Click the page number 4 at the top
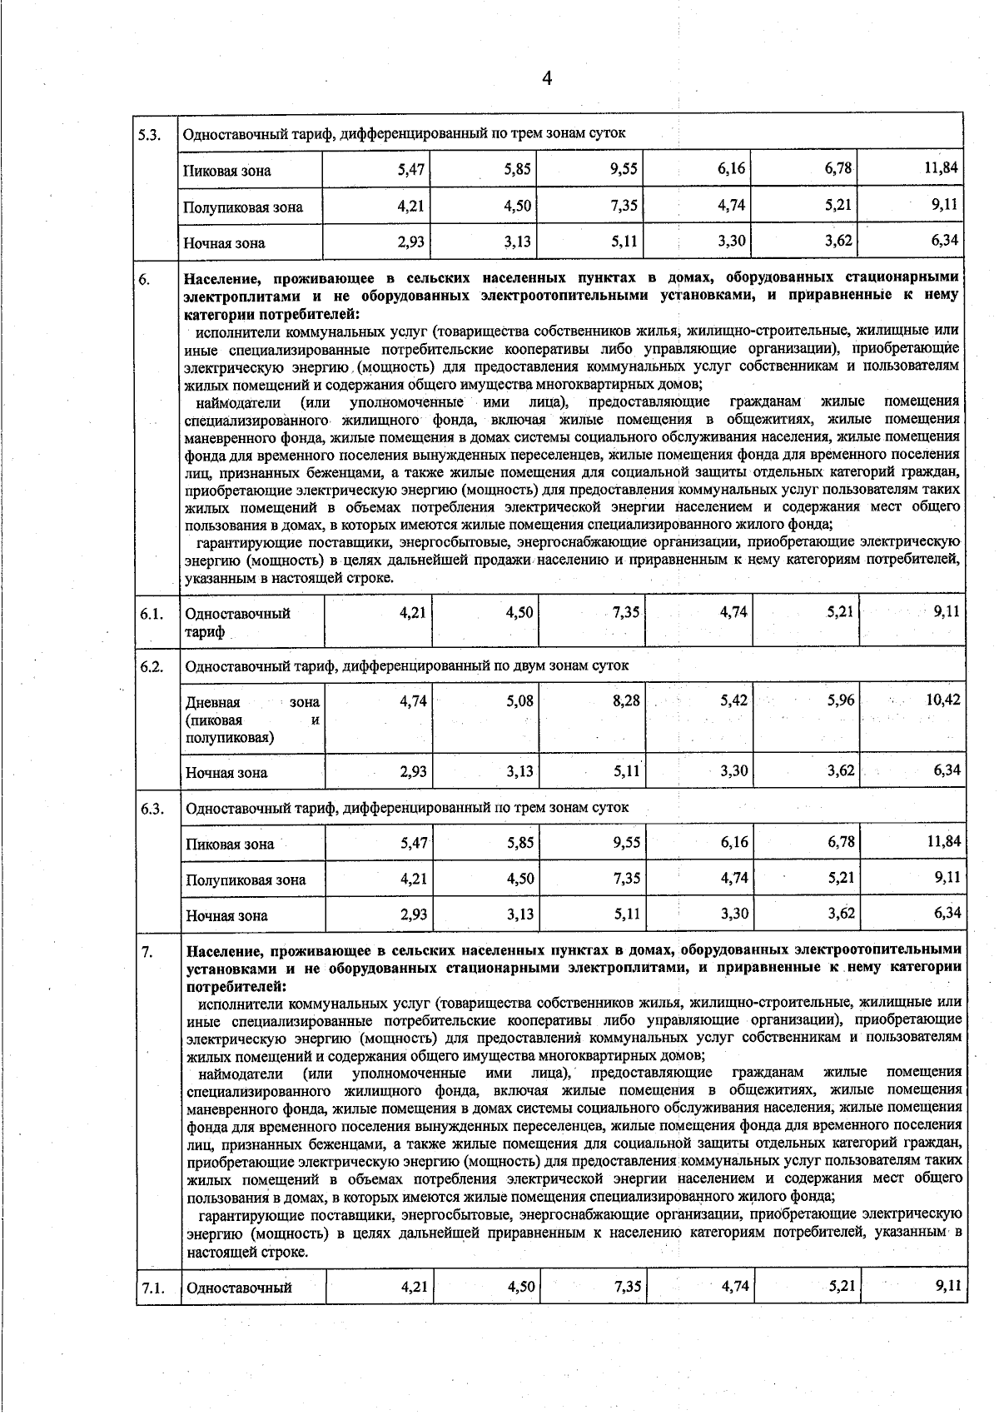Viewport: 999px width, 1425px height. point(547,78)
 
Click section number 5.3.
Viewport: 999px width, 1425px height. point(150,134)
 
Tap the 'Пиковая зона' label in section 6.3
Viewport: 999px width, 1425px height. point(230,844)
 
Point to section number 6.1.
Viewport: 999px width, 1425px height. point(151,614)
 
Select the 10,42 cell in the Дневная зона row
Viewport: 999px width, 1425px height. point(942,700)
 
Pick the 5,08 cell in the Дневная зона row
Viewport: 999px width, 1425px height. point(519,700)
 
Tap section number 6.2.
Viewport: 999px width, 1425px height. point(152,665)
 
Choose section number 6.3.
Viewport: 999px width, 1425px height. point(152,807)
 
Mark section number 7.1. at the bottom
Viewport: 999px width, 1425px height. point(152,1288)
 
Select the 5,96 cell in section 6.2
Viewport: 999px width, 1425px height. point(841,700)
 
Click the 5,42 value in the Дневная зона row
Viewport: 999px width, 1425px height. point(733,700)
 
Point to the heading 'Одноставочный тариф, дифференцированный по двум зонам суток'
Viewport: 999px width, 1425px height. point(406,665)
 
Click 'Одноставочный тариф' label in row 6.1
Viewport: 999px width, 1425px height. point(237,622)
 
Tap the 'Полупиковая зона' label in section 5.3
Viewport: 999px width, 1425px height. point(243,207)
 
